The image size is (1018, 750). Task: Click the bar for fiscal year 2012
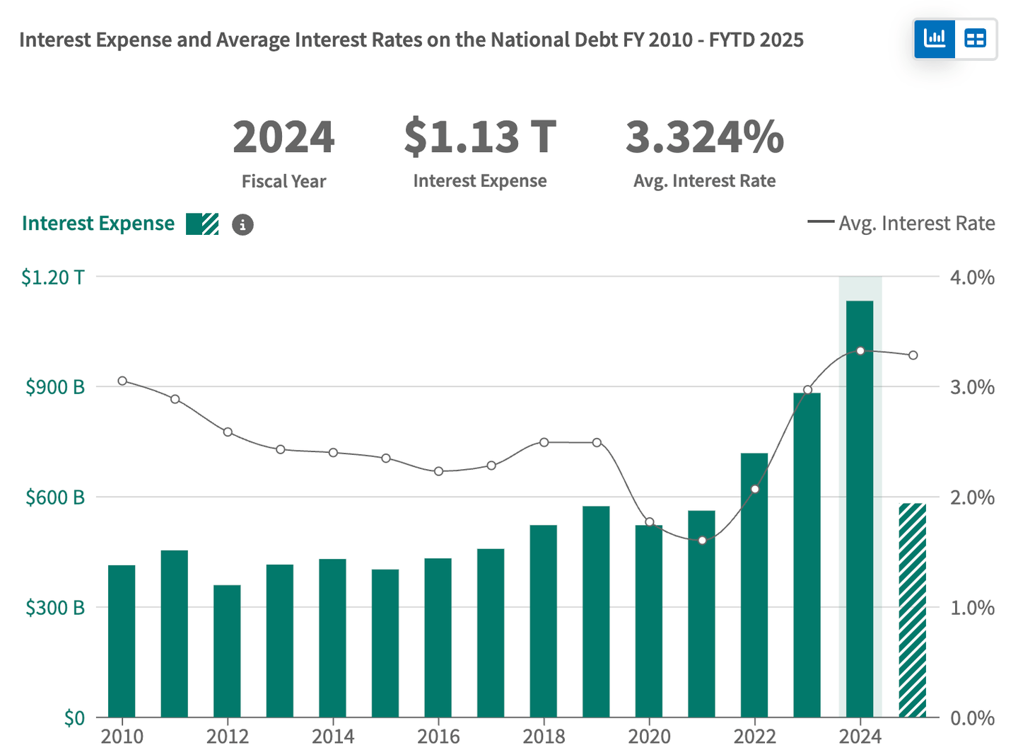point(227,651)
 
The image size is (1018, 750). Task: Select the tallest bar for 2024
point(860,509)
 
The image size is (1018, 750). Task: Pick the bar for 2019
point(596,611)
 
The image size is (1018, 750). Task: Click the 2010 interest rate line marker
point(122,381)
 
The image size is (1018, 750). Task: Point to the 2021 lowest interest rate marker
point(702,541)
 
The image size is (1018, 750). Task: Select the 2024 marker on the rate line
point(860,351)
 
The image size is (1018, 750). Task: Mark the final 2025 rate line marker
point(913,355)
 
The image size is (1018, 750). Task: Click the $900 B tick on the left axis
point(54,387)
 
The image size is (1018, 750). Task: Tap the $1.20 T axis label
point(52,277)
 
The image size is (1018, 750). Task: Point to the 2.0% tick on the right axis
point(972,497)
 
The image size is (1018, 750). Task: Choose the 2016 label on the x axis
point(438,737)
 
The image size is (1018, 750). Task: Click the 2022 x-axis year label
point(754,737)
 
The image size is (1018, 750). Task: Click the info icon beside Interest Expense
point(242,224)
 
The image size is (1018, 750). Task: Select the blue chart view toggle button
point(935,38)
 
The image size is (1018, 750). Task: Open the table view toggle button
point(976,38)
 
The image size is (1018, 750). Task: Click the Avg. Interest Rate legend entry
point(901,224)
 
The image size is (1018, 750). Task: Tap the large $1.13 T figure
point(480,137)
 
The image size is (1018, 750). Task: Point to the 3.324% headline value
point(704,137)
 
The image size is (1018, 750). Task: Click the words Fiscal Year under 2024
point(283,181)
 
